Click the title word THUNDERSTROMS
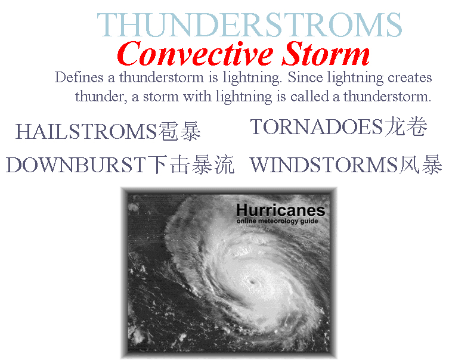tap(249, 25)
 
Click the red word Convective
tap(195, 54)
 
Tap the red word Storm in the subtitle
tap(326, 54)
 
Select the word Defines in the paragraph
tap(79, 77)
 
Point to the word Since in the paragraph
tap(305, 77)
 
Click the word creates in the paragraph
tap(410, 78)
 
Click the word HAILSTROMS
tap(86, 132)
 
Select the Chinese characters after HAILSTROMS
tap(179, 132)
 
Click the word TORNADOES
tap(317, 127)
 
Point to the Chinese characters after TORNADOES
tap(406, 126)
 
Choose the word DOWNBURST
tap(76, 165)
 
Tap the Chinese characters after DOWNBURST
tap(191, 165)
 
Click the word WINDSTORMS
tap(324, 165)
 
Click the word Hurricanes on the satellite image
tap(281, 210)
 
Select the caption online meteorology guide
tap(277, 221)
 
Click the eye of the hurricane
tap(253, 282)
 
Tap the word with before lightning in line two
tap(197, 97)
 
